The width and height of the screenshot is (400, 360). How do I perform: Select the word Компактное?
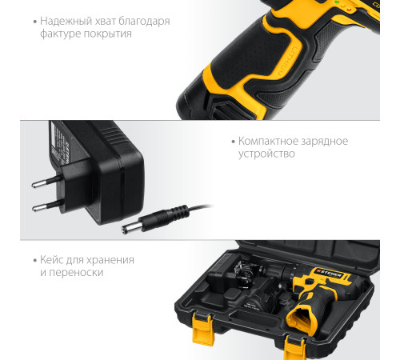(267, 141)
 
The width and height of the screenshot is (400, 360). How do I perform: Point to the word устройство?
(266, 154)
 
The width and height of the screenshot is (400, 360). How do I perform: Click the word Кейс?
(52, 260)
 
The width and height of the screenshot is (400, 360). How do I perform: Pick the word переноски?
(76, 273)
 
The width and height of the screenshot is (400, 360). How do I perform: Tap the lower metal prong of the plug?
(47, 206)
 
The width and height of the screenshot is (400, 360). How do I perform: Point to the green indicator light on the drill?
(337, 2)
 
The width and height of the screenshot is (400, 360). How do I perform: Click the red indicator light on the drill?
(349, 10)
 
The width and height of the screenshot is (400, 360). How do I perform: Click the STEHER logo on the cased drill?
(329, 273)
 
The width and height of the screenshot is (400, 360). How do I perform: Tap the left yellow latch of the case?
(202, 330)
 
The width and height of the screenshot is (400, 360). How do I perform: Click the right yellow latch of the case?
(294, 348)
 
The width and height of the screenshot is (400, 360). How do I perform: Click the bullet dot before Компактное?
(234, 142)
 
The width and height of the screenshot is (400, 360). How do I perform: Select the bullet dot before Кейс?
(35, 260)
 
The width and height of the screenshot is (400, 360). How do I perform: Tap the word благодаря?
(144, 21)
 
